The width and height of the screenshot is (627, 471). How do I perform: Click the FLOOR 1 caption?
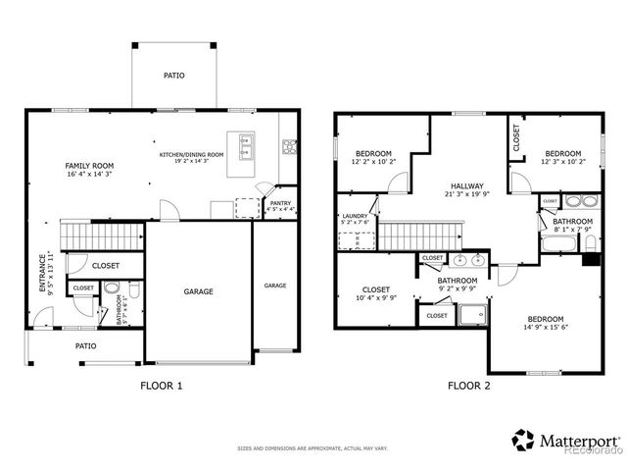pos(162,386)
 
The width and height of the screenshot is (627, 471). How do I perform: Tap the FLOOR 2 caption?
pos(469,386)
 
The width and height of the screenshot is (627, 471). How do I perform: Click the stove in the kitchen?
pos(290,148)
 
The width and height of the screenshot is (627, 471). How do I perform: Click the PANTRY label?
pos(281,203)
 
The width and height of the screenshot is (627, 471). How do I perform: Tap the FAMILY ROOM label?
pos(89,165)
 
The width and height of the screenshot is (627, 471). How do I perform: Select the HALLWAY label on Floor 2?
pos(467,185)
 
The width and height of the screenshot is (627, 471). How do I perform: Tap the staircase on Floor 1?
pos(101,235)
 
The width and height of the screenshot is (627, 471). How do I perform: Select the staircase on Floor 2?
pos(411,235)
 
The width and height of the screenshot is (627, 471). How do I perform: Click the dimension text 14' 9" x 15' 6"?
pos(546,329)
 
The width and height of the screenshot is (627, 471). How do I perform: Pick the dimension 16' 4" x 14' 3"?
pos(89,174)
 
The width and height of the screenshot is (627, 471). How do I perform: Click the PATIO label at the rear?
pos(173,75)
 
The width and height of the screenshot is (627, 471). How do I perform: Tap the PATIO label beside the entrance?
pos(86,345)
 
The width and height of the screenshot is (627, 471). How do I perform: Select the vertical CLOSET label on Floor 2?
pos(516,137)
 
